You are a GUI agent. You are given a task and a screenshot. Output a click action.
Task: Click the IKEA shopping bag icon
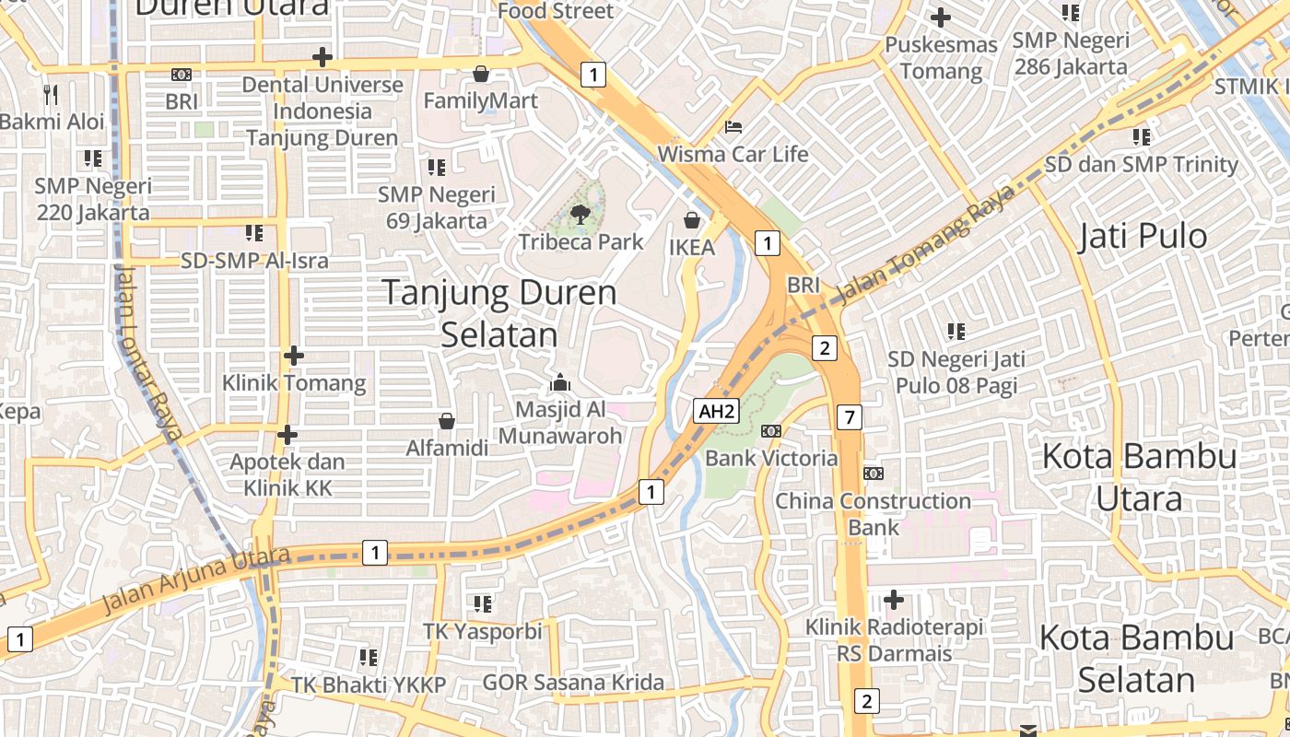coord(692,220)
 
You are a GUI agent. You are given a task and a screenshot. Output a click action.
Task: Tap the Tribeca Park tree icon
coord(580,215)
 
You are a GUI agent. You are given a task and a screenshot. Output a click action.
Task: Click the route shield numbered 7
coord(850,417)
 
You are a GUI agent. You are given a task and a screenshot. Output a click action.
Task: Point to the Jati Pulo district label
coord(1142,236)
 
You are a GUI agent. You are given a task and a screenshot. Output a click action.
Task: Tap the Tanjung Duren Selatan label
coord(499,313)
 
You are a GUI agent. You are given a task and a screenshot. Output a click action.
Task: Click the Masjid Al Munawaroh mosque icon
coord(560,381)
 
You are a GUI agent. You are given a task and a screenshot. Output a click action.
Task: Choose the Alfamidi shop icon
coord(447,421)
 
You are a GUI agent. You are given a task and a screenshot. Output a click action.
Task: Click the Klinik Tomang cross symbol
coord(294,355)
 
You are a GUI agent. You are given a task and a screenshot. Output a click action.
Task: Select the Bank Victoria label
coord(771,458)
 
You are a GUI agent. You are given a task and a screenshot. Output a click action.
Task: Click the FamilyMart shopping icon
coord(480,74)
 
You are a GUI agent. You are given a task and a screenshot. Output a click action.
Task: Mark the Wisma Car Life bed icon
coord(733,126)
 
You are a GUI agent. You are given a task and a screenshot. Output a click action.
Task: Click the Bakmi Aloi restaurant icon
coord(51,94)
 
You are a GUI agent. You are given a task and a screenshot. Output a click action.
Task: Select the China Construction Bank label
coord(873,514)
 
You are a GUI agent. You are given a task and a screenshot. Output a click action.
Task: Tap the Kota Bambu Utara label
coord(1139,476)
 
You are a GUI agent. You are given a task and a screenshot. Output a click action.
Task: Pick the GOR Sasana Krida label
coord(573,683)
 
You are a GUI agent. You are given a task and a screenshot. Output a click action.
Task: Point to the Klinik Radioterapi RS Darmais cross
coord(893,601)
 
